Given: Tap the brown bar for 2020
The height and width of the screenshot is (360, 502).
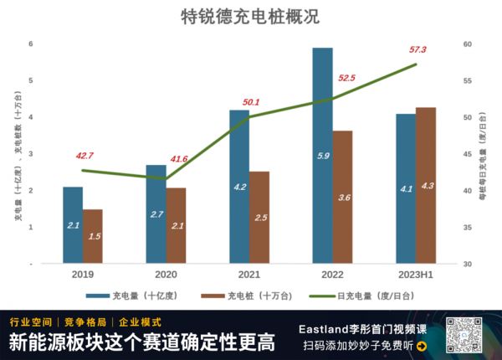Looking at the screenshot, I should click(176, 225).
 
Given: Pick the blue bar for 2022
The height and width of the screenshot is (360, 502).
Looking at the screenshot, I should click(322, 155).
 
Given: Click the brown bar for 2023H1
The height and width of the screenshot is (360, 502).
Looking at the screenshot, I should click(426, 185).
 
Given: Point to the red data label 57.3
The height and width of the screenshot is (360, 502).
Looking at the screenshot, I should click(417, 50).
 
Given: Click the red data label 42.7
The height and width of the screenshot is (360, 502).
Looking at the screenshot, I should click(85, 156).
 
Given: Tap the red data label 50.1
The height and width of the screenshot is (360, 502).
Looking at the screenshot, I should click(250, 102).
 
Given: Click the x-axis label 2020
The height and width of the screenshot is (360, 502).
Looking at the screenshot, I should click(166, 274).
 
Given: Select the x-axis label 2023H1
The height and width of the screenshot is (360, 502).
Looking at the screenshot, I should click(415, 274).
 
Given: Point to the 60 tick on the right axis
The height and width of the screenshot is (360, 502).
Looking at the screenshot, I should click(468, 44).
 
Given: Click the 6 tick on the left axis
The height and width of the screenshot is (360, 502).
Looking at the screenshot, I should click(30, 44).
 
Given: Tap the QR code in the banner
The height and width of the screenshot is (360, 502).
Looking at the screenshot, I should click(463, 336).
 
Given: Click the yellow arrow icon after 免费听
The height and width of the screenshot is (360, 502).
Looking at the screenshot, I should click(421, 346).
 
